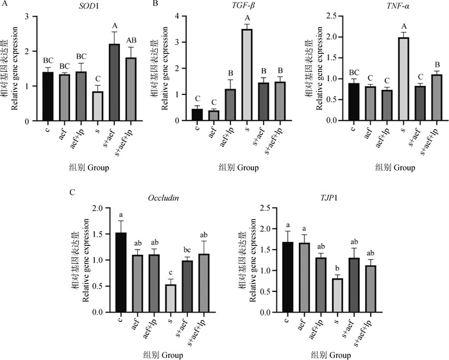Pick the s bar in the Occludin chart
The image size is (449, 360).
pyautogui.click(x=169, y=298)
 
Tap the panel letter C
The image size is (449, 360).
pyautogui.click(x=77, y=191)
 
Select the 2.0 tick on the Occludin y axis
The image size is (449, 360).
pyautogui.click(x=98, y=207)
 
